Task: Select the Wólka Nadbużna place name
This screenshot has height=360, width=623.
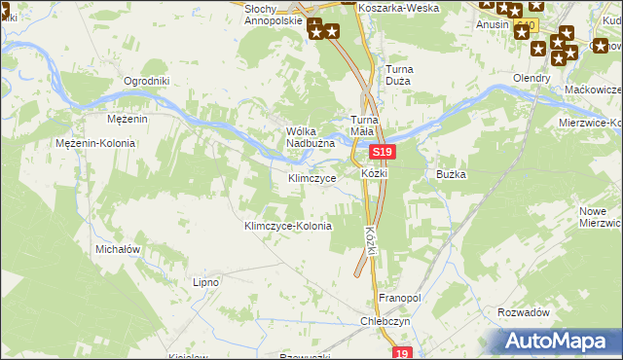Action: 311,138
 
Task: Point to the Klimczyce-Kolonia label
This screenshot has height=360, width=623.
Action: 287,226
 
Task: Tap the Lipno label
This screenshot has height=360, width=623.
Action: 205,282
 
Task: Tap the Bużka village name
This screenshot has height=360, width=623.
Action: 453,174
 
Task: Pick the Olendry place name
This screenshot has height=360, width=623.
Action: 533,78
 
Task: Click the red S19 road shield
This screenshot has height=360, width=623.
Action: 383,153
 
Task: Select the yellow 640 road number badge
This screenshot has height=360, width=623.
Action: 526,24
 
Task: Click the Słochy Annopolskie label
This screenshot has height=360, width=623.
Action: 274,13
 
